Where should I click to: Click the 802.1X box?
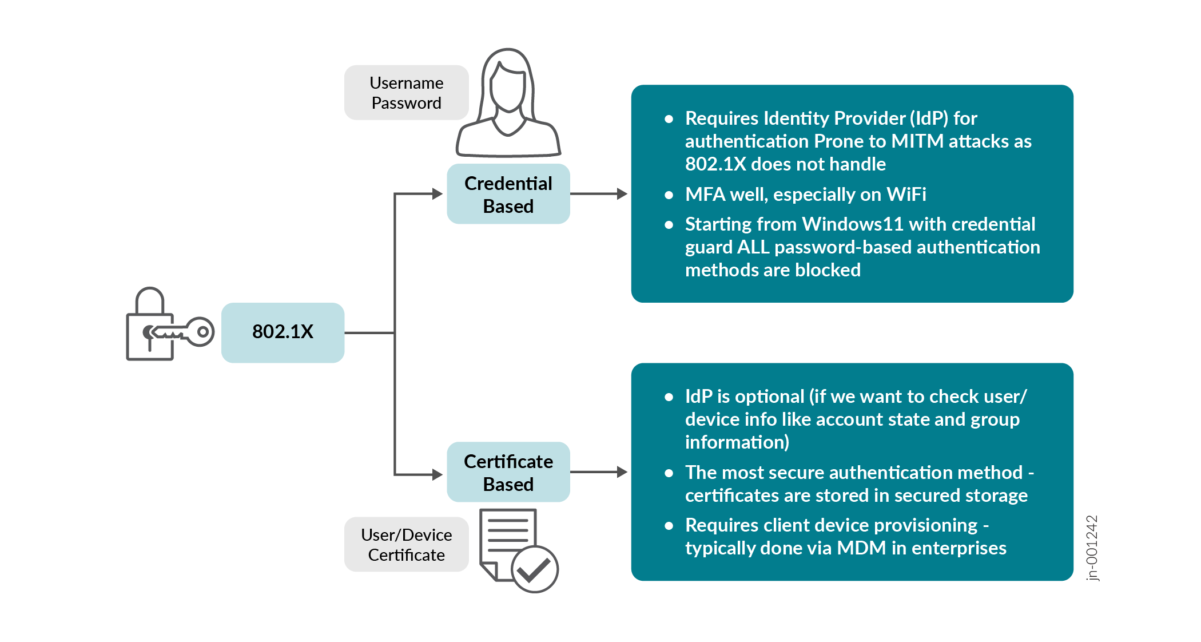tap(283, 332)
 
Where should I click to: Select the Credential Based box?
tap(508, 194)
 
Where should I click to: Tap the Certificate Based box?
tap(508, 472)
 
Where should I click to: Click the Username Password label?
tap(406, 93)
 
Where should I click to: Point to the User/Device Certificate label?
tap(406, 545)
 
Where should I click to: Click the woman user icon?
tap(508, 103)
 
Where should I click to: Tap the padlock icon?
tap(150, 326)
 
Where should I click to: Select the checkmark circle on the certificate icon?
tap(534, 569)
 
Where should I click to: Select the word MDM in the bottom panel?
tap(861, 548)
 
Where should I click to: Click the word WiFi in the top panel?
tap(906, 195)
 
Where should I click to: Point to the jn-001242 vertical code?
tap(1092, 548)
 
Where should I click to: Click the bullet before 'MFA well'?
tap(669, 195)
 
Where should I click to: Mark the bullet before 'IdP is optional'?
tap(669, 397)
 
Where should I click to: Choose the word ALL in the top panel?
tap(753, 247)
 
